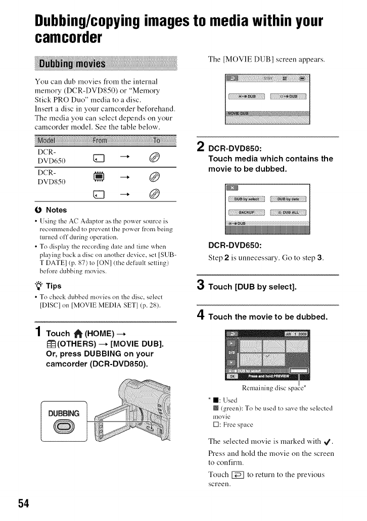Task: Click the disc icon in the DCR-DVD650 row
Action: [155, 158]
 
